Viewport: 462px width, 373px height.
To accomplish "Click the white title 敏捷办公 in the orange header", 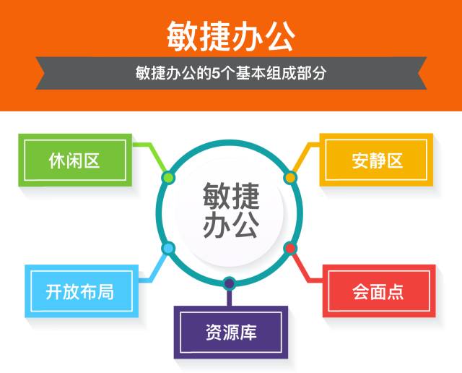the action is (230, 33).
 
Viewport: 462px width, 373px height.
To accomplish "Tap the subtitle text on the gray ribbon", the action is (231, 73).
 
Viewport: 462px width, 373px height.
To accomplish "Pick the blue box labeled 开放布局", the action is (79, 291).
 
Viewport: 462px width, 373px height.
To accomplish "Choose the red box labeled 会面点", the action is (378, 291).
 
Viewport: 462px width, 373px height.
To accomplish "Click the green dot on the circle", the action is (168, 177).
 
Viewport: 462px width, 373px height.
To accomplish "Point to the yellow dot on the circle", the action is (290, 177).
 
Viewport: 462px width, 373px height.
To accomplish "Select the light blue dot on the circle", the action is (169, 249).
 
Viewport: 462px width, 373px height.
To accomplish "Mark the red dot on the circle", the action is (290, 249).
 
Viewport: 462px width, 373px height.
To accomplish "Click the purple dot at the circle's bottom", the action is (230, 283).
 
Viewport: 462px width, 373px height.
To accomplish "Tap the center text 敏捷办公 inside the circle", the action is (230, 211).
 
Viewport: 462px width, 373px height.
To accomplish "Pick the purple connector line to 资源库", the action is (230, 296).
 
